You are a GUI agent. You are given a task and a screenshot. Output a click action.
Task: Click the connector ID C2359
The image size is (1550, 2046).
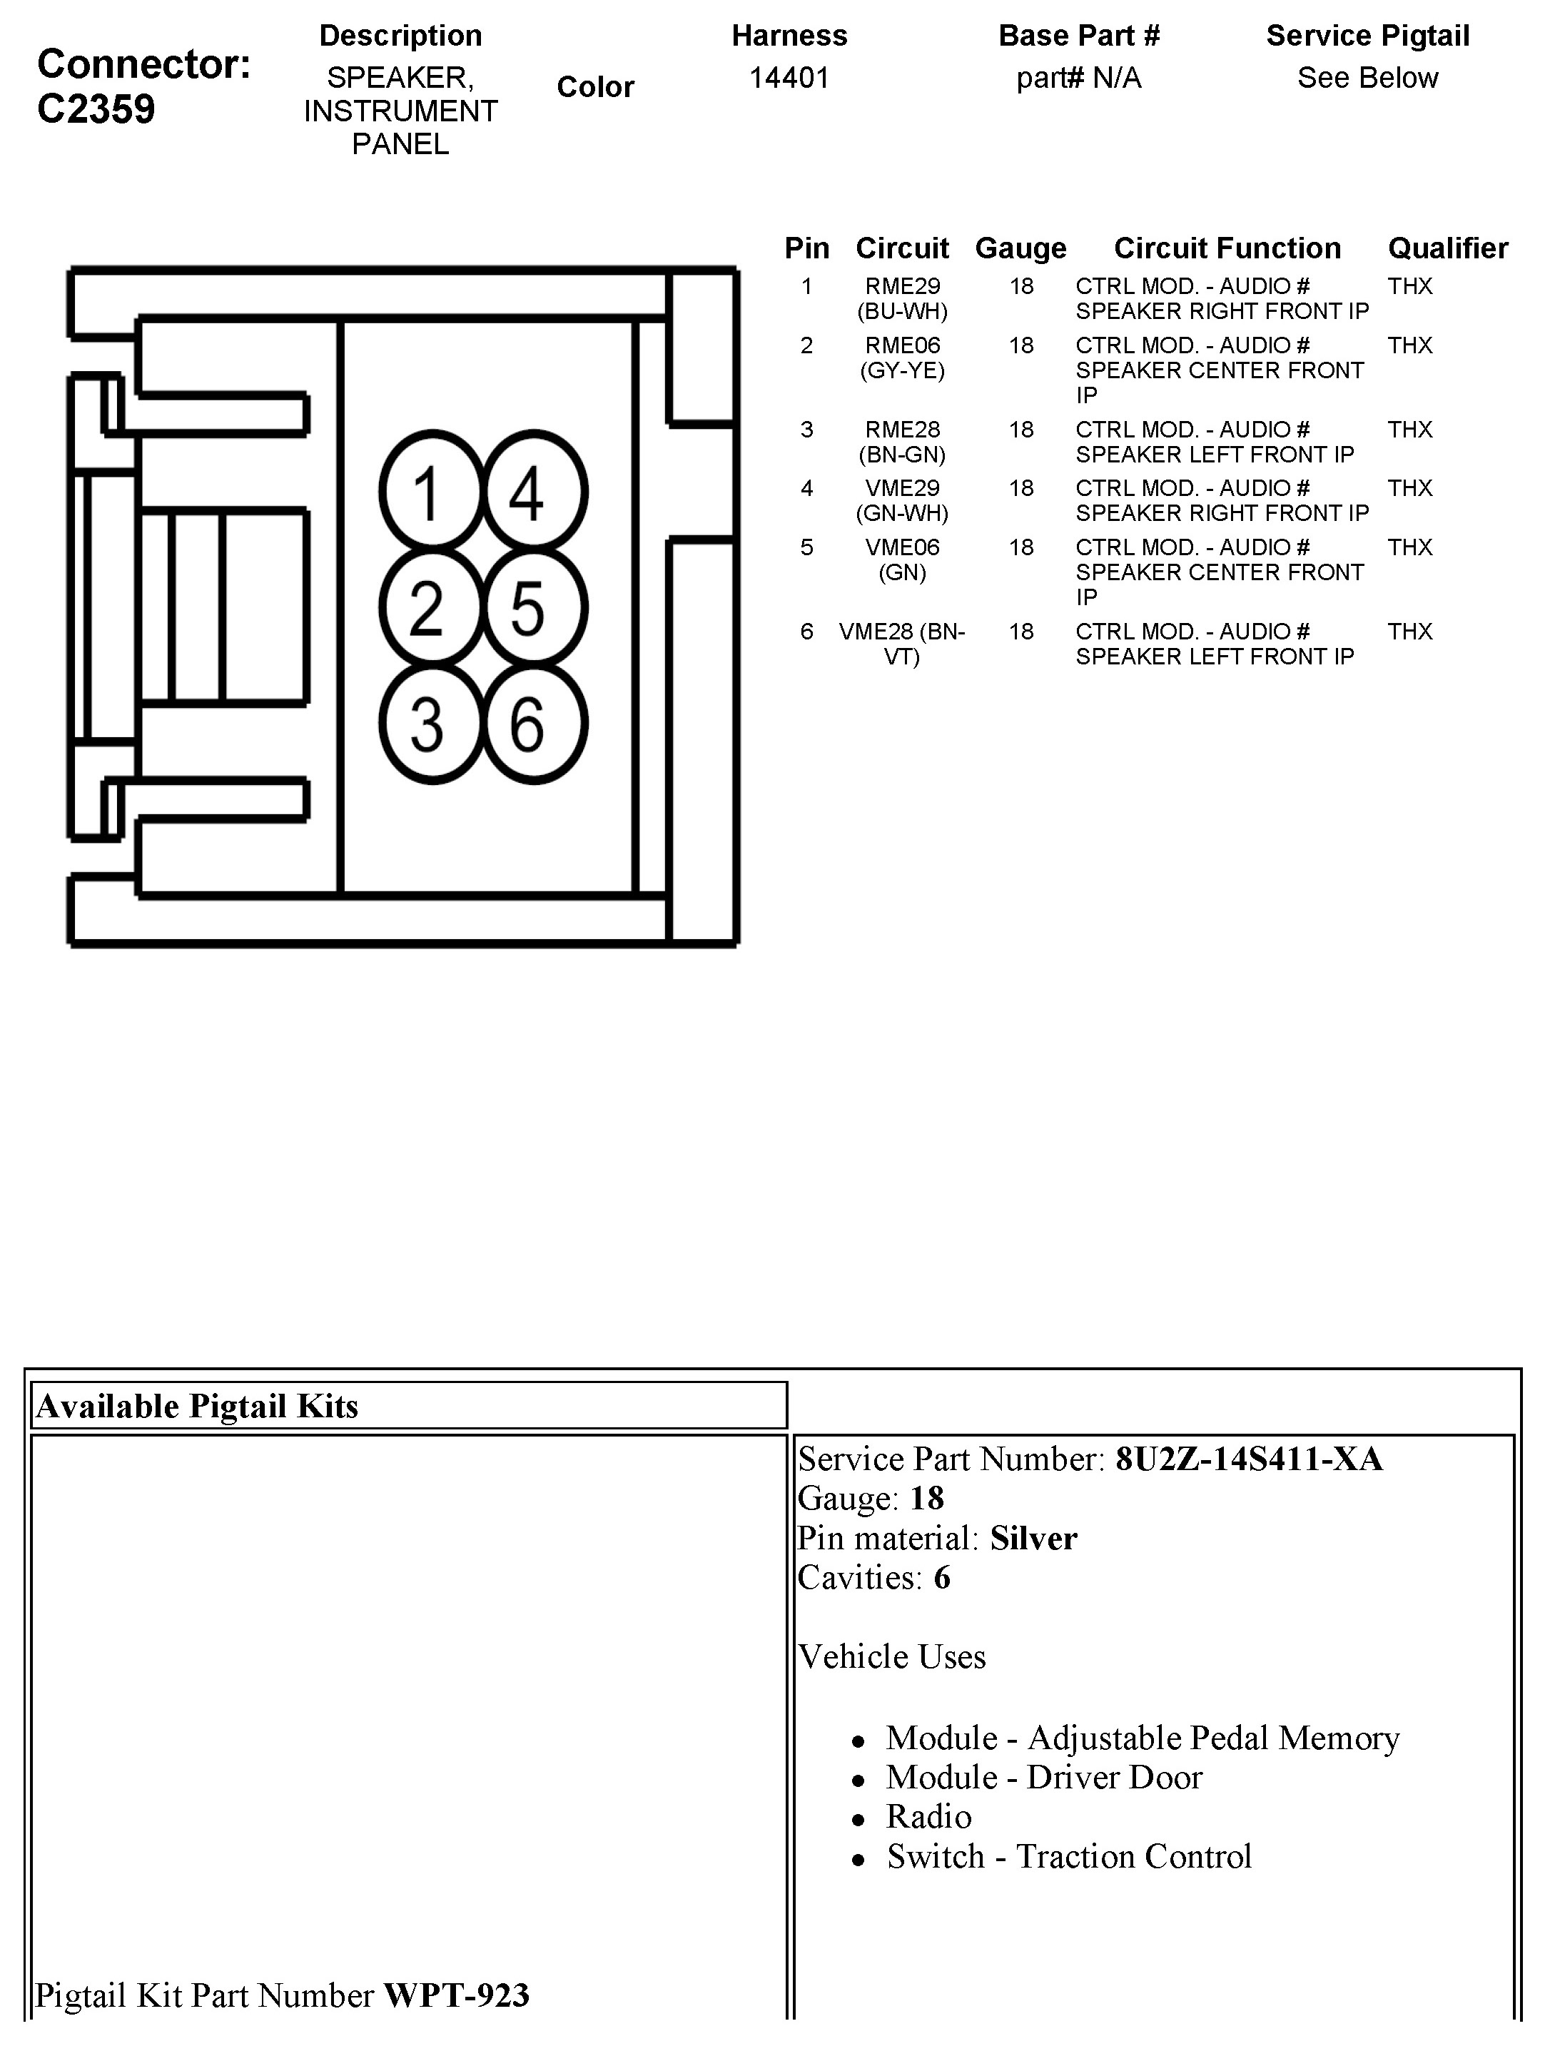pos(96,109)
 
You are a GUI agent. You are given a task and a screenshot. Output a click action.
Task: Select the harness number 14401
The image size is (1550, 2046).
pos(789,78)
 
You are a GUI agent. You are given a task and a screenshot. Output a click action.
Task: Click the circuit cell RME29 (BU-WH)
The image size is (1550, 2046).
pos(902,299)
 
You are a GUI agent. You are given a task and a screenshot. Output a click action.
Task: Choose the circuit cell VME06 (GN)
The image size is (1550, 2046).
pos(902,559)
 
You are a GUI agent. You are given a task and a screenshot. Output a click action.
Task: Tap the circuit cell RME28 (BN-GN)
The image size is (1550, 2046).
pos(902,442)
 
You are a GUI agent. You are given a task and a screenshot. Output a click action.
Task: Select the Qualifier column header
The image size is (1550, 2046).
pos(1447,248)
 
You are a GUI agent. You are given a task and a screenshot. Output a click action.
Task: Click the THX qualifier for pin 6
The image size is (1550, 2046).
pos(1409,632)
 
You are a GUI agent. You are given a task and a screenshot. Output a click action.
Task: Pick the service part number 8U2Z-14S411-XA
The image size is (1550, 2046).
pos(1249,1459)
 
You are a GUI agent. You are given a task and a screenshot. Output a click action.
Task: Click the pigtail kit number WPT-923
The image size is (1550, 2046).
pos(456,1995)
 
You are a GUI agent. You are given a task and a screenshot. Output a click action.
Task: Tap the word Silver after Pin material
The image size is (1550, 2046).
pos(1033,1538)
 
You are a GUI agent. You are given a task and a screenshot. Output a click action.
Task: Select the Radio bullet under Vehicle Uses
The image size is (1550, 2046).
pos(928,1817)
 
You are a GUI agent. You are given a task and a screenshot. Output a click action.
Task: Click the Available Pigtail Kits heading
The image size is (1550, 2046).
pos(197,1406)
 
